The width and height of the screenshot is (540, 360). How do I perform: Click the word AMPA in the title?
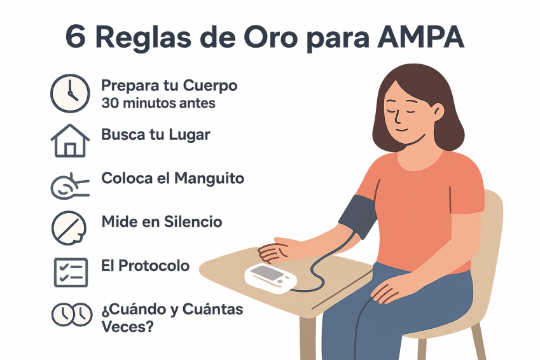[x=421, y=36]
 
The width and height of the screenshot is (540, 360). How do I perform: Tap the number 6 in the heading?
[x=76, y=36]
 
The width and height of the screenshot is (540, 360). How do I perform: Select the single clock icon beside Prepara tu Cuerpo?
[x=70, y=93]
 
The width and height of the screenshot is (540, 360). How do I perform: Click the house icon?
[x=70, y=141]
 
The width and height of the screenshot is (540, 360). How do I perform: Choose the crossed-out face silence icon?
[x=69, y=228]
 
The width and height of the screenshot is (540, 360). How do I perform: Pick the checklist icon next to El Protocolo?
[x=71, y=272]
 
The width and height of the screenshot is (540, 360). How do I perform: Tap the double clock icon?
[x=72, y=315]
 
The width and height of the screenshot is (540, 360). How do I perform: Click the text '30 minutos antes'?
[x=158, y=103]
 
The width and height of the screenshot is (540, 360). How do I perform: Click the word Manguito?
[x=209, y=179]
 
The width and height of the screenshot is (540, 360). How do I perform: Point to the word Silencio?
[x=193, y=222]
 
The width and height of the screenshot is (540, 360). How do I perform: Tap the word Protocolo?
[x=154, y=266]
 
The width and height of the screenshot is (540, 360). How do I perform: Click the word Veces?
[x=127, y=326]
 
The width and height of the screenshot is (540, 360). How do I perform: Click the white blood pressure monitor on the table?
[x=271, y=279]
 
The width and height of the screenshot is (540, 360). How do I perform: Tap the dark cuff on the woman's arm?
[x=358, y=216]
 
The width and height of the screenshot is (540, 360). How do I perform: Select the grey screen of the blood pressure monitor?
[x=267, y=273]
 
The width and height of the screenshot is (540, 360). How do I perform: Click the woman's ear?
[x=438, y=111]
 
